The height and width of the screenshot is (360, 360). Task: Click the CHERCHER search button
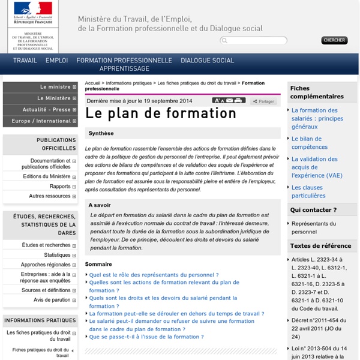pyautogui.click(x=334, y=40)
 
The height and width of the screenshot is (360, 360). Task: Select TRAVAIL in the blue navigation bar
pyautogui.click(x=25, y=61)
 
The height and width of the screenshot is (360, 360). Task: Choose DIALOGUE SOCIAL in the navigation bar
pyautogui.click(x=207, y=61)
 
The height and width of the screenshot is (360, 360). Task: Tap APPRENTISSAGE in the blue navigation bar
pyautogui.click(x=124, y=69)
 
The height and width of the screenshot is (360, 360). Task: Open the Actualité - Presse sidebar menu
pyautogui.click(x=46, y=110)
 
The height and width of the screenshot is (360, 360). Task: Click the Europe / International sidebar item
pyautogui.click(x=40, y=121)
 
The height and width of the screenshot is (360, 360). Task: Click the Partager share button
pyautogui.click(x=263, y=101)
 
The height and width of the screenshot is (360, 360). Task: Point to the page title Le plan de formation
pyautogui.click(x=160, y=113)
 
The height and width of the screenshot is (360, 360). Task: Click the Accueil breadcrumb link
pyautogui.click(x=93, y=83)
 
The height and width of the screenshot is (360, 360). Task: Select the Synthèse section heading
pyautogui.click(x=101, y=133)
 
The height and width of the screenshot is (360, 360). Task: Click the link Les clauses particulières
pyautogui.click(x=308, y=191)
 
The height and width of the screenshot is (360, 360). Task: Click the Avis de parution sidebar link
pyautogui.click(x=52, y=299)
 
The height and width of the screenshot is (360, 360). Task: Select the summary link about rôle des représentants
pyautogui.click(x=154, y=274)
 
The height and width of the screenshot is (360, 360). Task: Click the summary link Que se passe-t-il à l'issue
pyautogui.click(x=146, y=337)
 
